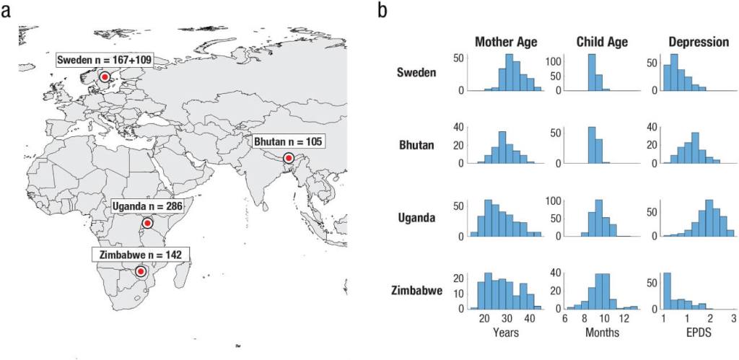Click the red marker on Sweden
click(105, 77)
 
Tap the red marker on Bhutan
click(289, 158)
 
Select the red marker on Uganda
click(148, 224)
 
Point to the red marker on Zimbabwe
click(141, 271)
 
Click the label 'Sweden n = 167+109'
click(104, 59)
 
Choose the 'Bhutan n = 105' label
click(288, 141)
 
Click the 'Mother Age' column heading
click(505, 42)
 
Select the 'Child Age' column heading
click(600, 42)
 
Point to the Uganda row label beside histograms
click(417, 218)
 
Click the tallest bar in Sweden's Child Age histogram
click(592, 72)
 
